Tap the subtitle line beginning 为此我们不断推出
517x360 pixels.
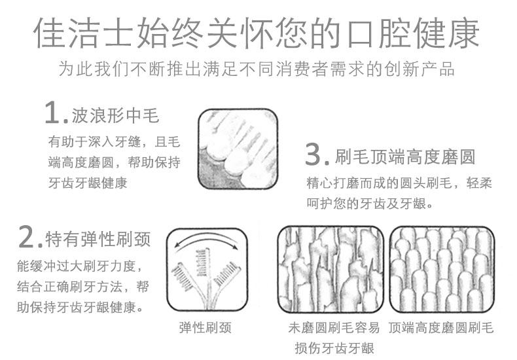point(257,69)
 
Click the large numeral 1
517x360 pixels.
point(53,113)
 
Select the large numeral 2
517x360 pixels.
point(27,236)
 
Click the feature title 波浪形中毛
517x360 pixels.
point(115,115)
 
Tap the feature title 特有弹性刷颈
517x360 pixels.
point(98,239)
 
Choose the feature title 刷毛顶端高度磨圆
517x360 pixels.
point(405,156)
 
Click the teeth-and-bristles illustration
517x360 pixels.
point(238,149)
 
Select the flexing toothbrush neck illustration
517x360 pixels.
point(207,269)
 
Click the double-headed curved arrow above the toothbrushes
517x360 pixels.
point(207,237)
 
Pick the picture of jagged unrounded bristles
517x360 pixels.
point(330,269)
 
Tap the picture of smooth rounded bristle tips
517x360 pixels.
point(442,269)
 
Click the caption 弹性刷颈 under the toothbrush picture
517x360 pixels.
point(205,327)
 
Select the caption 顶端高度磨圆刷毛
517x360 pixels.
point(441,327)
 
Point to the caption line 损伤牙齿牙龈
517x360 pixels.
point(334,348)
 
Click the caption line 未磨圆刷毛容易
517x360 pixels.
point(334,327)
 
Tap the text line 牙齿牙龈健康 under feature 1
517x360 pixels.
point(88,183)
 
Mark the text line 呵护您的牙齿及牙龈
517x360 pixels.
point(370,204)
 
